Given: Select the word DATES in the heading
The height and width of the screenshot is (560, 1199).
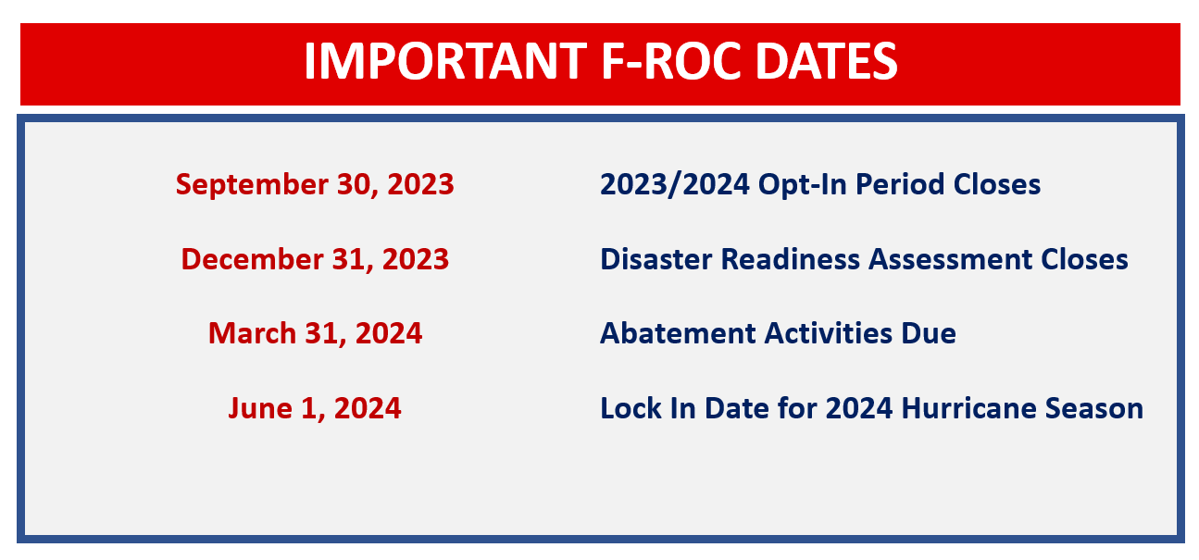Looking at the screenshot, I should tap(827, 62).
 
